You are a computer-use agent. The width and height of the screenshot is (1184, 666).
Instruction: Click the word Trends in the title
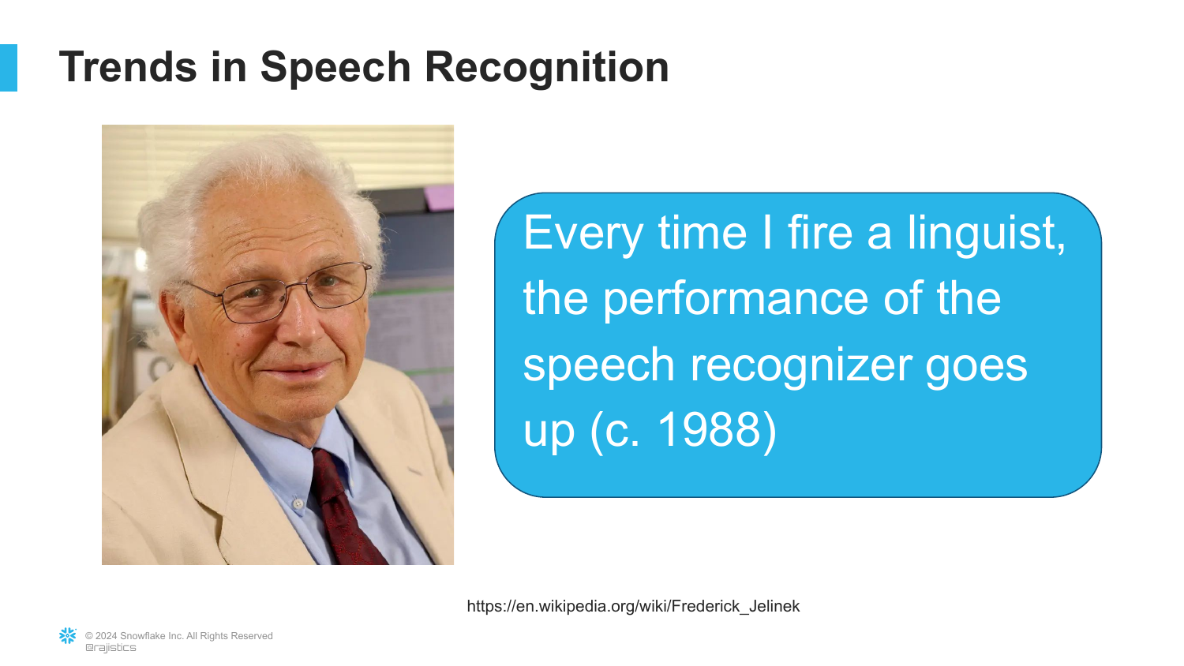128,67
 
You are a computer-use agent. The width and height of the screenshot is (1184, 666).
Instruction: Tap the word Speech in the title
335,68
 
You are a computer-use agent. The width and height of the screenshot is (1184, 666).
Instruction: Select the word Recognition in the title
546,68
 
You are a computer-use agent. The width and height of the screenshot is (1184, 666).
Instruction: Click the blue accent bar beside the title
9,68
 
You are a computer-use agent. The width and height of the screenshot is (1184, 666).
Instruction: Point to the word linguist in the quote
987,234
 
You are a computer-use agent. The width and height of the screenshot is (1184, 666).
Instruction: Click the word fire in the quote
820,233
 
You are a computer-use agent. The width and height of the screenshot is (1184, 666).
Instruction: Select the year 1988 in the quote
710,430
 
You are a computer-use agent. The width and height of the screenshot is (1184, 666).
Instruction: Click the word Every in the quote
583,234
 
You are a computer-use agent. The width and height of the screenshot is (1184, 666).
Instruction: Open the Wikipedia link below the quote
633,606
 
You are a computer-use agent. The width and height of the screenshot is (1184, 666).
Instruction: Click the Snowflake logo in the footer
68,636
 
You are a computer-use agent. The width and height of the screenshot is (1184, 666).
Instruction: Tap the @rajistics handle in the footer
111,648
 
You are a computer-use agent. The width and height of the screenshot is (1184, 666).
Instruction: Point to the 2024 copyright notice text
178,636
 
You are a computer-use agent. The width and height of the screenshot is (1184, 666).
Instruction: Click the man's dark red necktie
347,507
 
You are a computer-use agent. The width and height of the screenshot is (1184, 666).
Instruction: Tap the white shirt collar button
298,503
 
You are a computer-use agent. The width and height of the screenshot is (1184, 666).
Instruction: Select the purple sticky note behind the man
439,198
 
